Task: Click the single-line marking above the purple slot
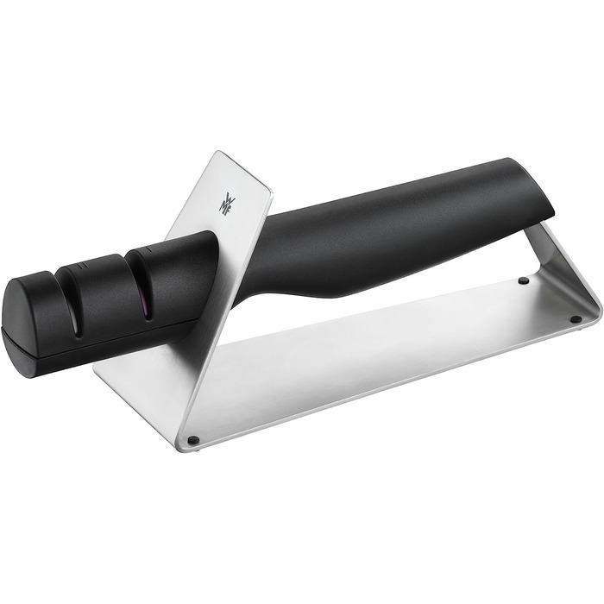(148, 250)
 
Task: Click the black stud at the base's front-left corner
(194, 439)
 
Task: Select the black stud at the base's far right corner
(576, 318)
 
